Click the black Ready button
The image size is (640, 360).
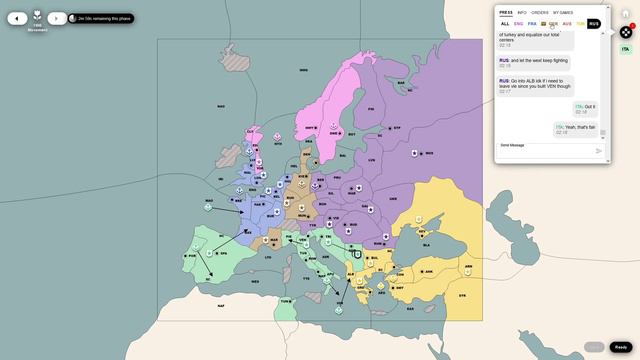tap(621, 347)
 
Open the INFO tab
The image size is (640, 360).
tap(522, 12)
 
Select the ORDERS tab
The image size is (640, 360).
tap(539, 12)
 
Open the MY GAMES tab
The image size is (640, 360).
tap(563, 12)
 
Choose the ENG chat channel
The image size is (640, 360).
tap(519, 23)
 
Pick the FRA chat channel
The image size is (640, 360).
tap(532, 23)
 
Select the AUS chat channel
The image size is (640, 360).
tap(567, 23)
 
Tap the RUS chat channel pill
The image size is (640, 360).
tap(593, 23)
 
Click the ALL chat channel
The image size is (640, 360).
tap(505, 23)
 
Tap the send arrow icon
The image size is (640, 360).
tap(599, 151)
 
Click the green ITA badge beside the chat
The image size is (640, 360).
tap(625, 49)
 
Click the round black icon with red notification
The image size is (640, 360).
tap(626, 32)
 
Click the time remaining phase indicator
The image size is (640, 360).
tap(101, 18)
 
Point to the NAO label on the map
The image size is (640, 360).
tap(221, 106)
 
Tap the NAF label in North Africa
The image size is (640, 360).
tap(221, 305)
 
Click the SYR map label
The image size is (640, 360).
tap(462, 295)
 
